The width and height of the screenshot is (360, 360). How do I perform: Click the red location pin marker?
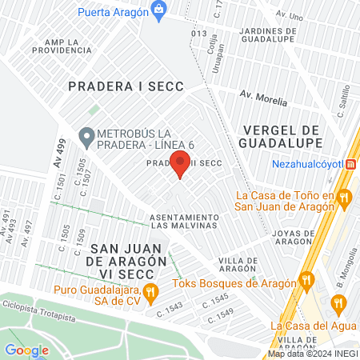(x=181, y=163)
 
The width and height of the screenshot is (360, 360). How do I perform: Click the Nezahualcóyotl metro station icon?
(x=350, y=164)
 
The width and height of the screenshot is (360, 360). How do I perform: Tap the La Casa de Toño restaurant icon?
(x=345, y=197)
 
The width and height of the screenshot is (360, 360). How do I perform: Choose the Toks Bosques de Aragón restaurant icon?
(x=306, y=279)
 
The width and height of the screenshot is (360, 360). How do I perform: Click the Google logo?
(x=26, y=350)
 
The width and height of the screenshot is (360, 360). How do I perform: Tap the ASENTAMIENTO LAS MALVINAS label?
(x=184, y=222)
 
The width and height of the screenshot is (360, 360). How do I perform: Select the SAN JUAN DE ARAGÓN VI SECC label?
(x=128, y=262)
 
